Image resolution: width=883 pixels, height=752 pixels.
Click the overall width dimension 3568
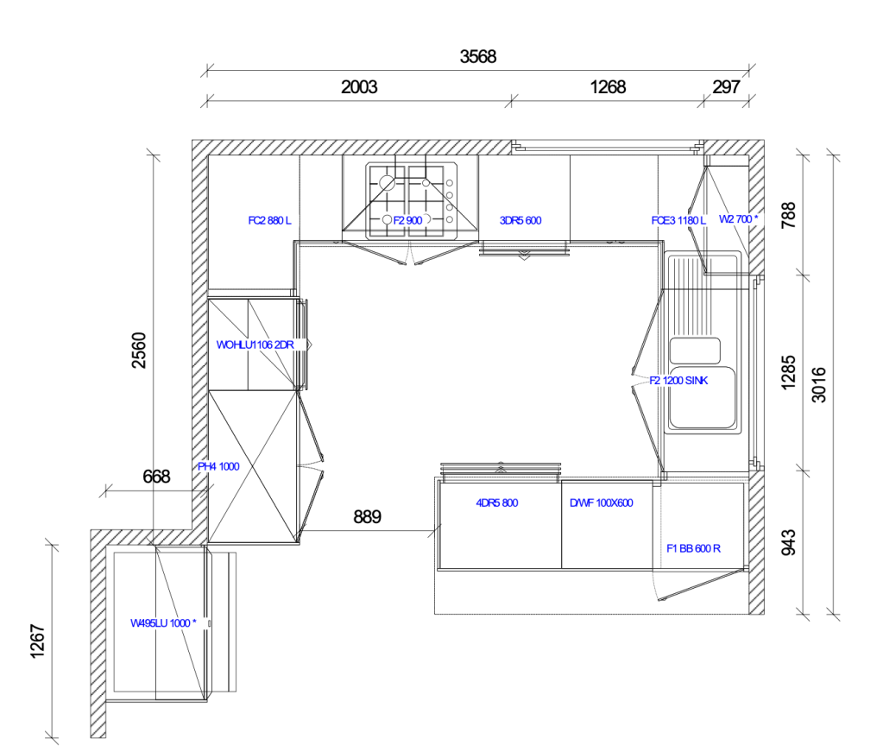(x=478, y=57)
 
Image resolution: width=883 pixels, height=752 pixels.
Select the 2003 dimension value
(x=359, y=87)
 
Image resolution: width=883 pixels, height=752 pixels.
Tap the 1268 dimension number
(x=608, y=87)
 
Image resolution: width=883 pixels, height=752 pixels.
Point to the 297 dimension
(x=726, y=87)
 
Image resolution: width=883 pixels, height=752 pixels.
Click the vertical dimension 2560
(x=138, y=351)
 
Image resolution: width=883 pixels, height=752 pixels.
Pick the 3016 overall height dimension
(x=819, y=385)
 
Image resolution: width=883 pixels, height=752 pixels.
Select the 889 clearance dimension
(x=367, y=516)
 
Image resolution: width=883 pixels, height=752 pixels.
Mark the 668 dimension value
(x=156, y=477)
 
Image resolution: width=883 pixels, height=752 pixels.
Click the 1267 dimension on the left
(x=37, y=641)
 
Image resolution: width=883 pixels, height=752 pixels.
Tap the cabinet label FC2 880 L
(x=270, y=220)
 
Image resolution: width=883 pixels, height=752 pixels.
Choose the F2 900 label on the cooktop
(x=407, y=220)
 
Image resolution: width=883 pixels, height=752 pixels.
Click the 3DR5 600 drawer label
(x=520, y=220)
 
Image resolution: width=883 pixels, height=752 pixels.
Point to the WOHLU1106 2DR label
(x=255, y=344)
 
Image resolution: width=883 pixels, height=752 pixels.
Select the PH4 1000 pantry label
(x=218, y=466)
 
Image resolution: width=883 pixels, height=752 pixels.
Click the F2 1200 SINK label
(x=678, y=381)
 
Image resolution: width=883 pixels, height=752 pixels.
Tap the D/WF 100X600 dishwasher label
(x=602, y=503)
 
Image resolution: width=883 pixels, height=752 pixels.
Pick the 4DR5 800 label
(x=496, y=503)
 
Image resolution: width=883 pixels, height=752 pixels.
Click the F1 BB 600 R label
(x=693, y=548)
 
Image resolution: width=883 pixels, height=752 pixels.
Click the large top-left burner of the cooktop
(x=387, y=182)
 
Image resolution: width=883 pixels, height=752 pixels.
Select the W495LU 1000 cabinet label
(x=163, y=623)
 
